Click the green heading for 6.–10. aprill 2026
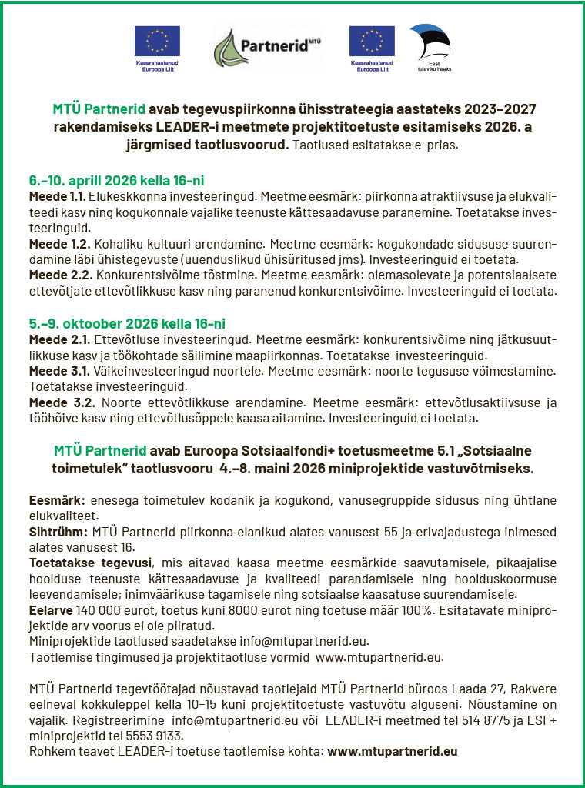(x=116, y=181)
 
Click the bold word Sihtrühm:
(x=58, y=531)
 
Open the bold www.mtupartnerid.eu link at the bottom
(x=393, y=751)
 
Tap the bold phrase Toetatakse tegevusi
(x=90, y=563)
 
